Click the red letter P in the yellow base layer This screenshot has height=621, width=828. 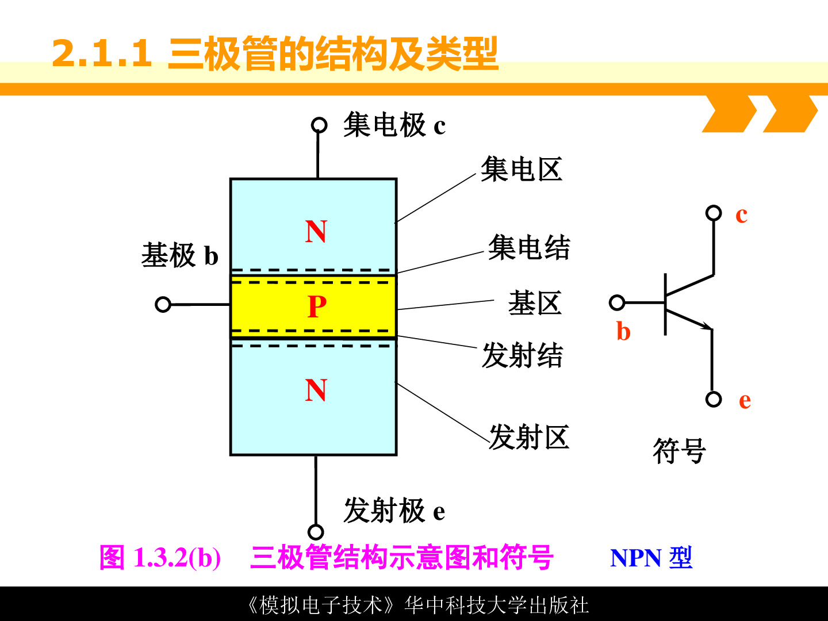pyautogui.click(x=317, y=306)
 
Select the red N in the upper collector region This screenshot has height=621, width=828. pyautogui.click(x=316, y=231)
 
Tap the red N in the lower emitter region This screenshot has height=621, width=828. pyautogui.click(x=316, y=390)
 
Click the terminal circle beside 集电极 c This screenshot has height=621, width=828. pyautogui.click(x=319, y=125)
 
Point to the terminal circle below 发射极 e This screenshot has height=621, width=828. pyautogui.click(x=316, y=532)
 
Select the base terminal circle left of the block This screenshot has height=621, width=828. pyautogui.click(x=163, y=304)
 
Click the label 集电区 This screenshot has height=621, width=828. pyautogui.click(x=522, y=169)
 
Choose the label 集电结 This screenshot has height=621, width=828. pyautogui.click(x=529, y=247)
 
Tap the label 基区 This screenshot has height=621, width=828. pyautogui.click(x=535, y=303)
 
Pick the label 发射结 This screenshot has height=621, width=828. pyautogui.click(x=523, y=355)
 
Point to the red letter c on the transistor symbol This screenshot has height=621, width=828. pyautogui.click(x=741, y=216)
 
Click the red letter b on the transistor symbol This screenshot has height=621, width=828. pyautogui.click(x=623, y=331)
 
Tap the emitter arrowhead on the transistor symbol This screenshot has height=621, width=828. pyautogui.click(x=706, y=326)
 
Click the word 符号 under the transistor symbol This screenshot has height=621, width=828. pyautogui.click(x=679, y=450)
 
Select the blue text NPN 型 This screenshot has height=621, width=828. pyautogui.click(x=651, y=558)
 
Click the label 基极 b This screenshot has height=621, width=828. pyautogui.click(x=180, y=255)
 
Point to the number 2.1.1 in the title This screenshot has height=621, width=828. pyautogui.click(x=102, y=53)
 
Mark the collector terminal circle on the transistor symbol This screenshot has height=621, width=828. pyautogui.click(x=714, y=213)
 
